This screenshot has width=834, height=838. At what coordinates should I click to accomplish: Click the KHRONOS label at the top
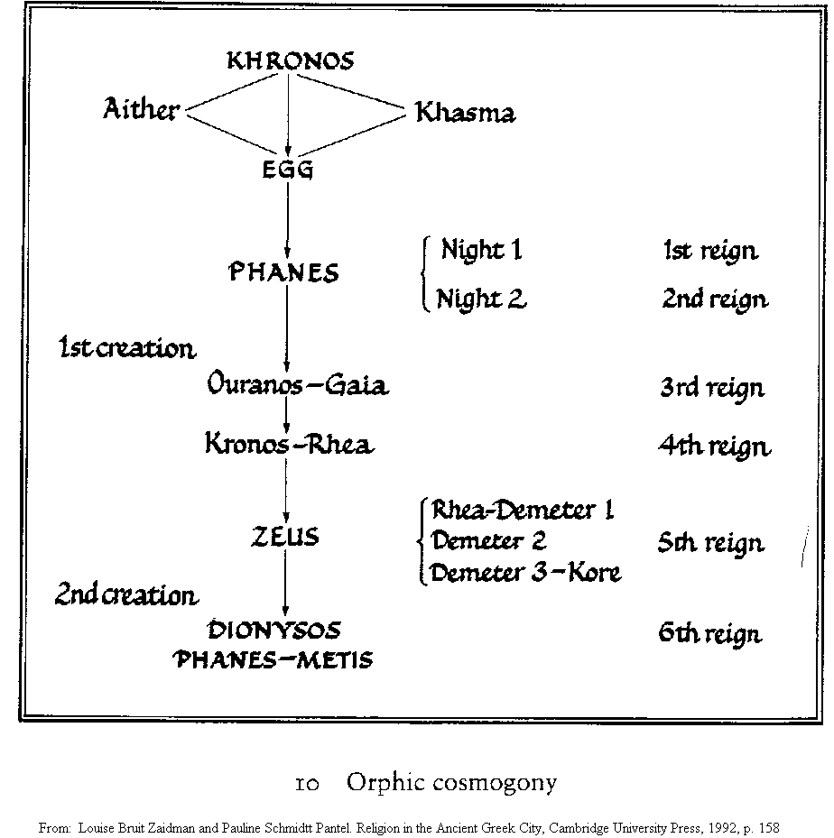pos(291,61)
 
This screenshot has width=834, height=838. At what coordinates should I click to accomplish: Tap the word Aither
pos(141,108)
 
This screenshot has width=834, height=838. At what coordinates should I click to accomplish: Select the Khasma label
pos(466,113)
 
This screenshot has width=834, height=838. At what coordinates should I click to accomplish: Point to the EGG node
pos(288,170)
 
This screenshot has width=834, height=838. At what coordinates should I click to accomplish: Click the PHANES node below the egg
pos(283,272)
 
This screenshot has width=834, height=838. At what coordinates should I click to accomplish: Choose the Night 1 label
pos(481,250)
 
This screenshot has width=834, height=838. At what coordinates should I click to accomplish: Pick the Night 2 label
pos(481,299)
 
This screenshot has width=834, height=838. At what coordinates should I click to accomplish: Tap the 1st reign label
pos(710,251)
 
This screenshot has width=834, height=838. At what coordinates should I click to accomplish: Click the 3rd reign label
pos(713,389)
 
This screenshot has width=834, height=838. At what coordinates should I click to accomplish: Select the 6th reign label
pos(710,634)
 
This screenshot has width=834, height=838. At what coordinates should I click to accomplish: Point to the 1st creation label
pos(127,348)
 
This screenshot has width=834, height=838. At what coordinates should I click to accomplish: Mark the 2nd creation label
pos(126,594)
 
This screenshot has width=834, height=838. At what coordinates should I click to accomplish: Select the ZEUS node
pos(285,537)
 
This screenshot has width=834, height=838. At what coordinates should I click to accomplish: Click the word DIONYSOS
pos(273,631)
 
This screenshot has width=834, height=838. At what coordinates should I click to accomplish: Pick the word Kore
pos(594,573)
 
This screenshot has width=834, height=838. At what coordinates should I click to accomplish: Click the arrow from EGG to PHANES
pos(288,220)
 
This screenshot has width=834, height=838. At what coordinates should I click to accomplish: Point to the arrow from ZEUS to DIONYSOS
pos(285,583)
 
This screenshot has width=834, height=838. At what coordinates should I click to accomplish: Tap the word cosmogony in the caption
pos(495,784)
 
